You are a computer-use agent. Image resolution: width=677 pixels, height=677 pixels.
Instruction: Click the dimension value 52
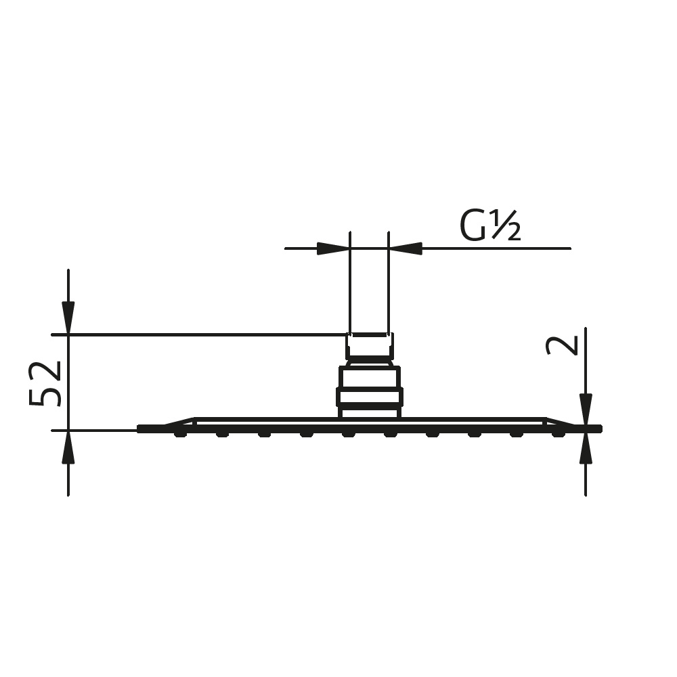(46, 383)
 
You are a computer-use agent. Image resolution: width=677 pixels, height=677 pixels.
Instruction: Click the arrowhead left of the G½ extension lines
(333, 248)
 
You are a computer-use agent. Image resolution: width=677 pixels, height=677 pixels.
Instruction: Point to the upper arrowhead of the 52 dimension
(68, 318)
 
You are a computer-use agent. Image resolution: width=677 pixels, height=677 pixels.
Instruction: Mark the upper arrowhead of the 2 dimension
(586, 410)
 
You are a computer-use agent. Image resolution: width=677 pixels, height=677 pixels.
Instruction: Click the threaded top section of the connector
(370, 346)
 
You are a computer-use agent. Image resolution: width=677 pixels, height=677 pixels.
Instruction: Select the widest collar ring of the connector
(370, 397)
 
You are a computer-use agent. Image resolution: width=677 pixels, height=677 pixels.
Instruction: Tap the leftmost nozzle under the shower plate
(179, 434)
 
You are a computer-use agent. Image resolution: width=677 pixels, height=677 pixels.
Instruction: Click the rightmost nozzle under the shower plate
(558, 434)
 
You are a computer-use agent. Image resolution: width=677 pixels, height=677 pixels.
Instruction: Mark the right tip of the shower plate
(598, 429)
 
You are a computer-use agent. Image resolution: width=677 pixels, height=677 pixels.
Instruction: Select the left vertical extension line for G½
(350, 284)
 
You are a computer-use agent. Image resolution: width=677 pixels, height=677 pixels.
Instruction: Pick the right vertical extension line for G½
(389, 284)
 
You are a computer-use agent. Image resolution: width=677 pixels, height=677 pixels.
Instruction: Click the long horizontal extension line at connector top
(203, 334)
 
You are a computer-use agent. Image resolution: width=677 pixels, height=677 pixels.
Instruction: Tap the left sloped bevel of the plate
(179, 422)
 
